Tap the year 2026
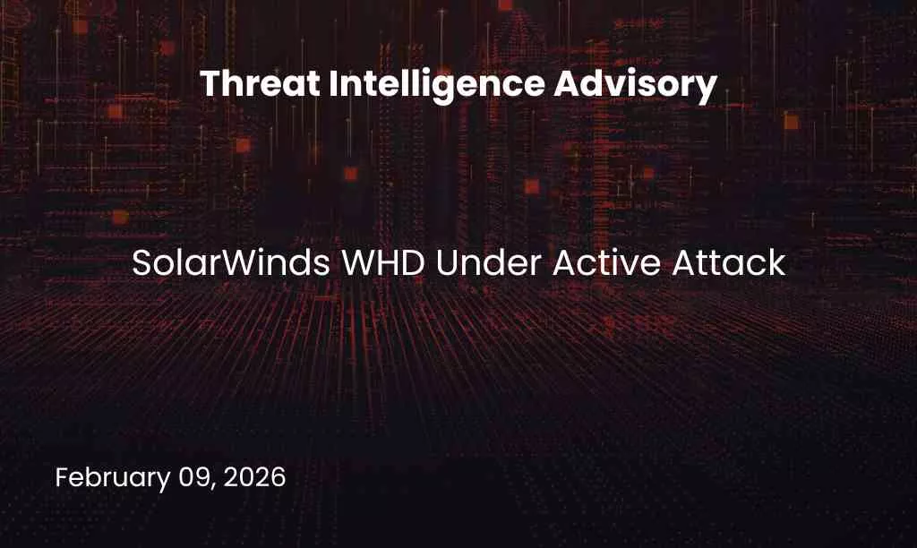[255, 477]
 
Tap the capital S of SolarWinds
[141, 264]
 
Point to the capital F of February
[62, 477]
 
